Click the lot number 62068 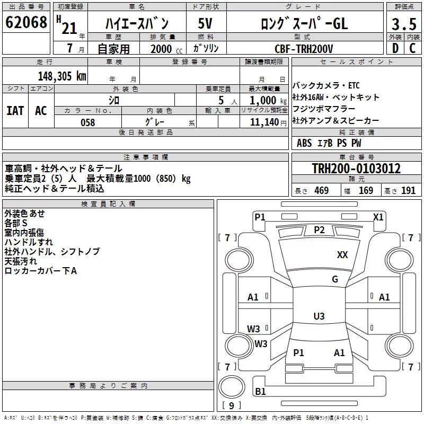tap(26, 22)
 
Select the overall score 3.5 tap(404, 24)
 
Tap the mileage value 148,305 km tap(62, 76)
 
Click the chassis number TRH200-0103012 tap(356, 168)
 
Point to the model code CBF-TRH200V tap(304, 49)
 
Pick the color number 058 tap(88, 122)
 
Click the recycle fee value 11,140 tap(264, 122)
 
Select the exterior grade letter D tap(395, 48)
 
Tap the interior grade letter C tap(412, 48)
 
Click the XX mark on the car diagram tap(342, 255)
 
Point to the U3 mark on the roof tap(319, 316)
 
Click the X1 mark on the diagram tap(378, 217)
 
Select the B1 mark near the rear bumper tap(260, 391)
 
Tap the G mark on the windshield tap(335, 279)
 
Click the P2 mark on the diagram tap(319, 230)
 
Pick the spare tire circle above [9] tap(232, 387)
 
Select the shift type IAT tap(15, 111)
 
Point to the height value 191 tap(408, 191)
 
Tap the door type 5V tap(205, 23)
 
